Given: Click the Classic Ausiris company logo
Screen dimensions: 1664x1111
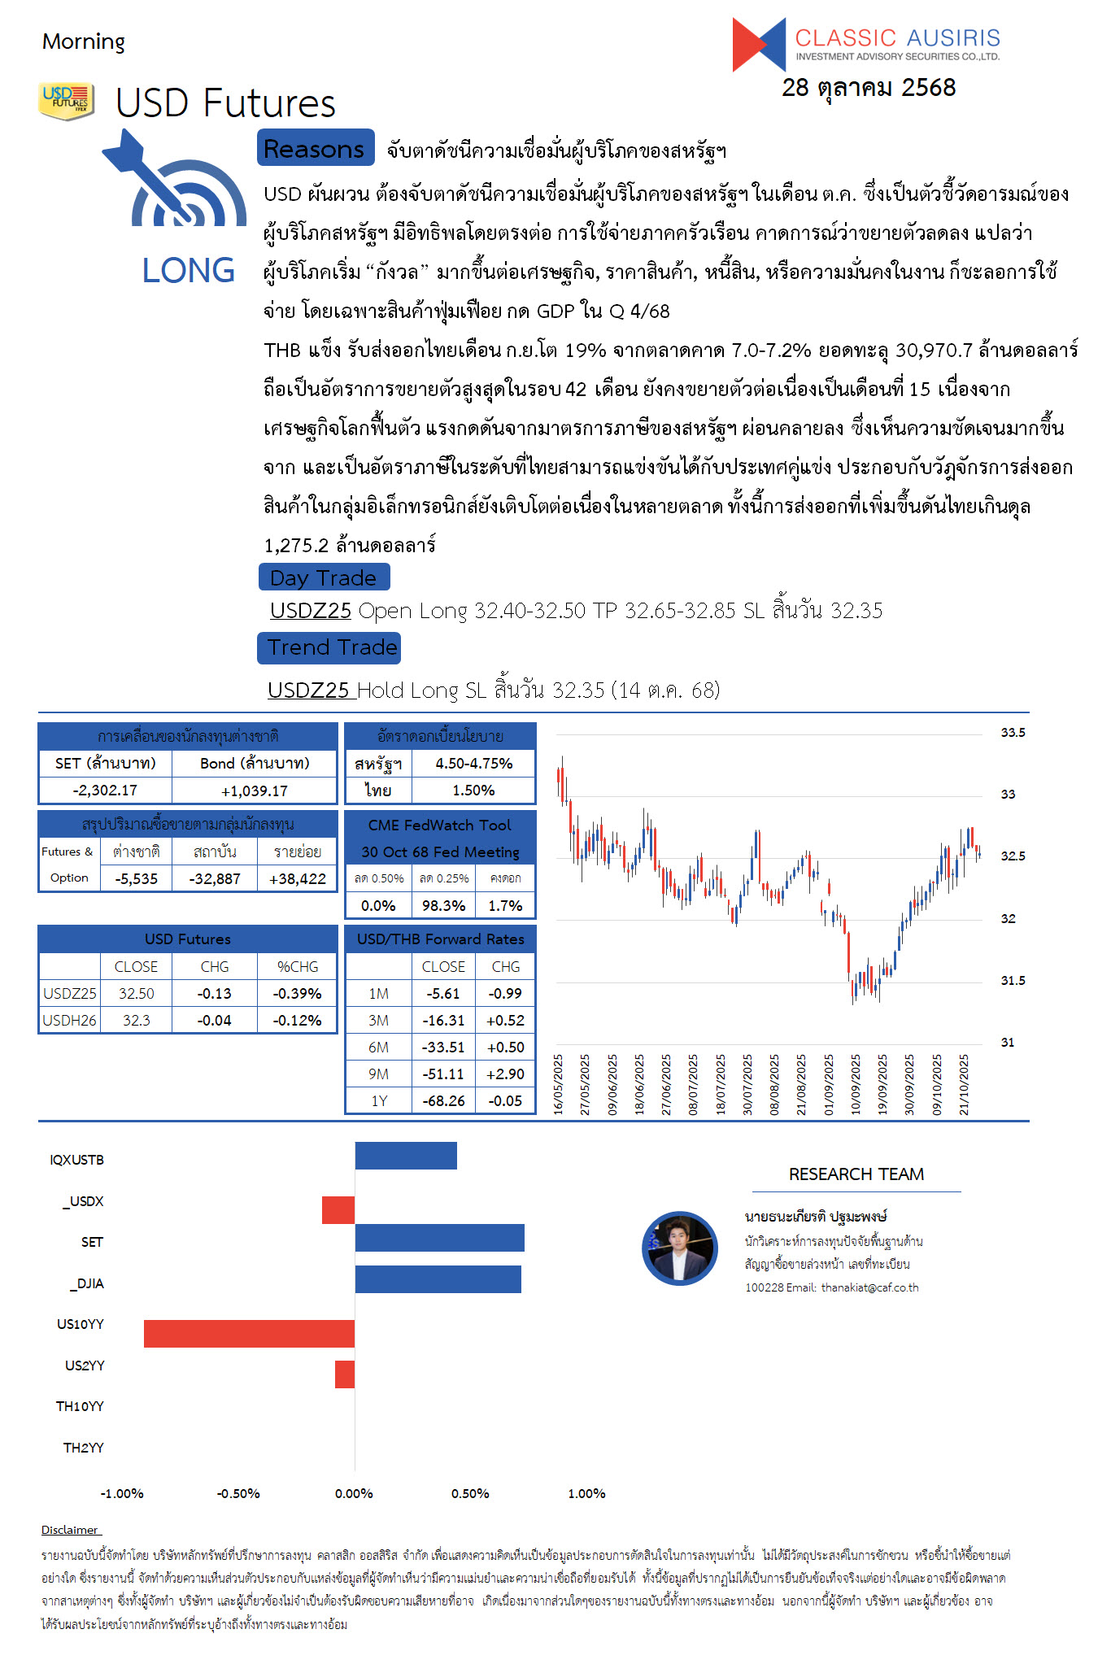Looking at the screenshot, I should point(865,44).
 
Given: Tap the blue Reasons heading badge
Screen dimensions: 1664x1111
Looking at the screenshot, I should point(315,149).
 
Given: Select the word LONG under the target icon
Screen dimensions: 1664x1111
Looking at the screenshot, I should point(189,271).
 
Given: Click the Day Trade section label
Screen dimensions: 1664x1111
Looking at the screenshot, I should point(324,577).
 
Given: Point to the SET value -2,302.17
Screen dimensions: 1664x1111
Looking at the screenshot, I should point(105,790).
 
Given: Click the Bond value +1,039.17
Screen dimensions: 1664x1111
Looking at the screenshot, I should point(255,790).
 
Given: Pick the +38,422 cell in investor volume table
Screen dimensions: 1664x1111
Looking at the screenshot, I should point(297,878).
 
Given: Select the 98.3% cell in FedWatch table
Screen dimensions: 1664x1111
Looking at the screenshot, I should point(443,905).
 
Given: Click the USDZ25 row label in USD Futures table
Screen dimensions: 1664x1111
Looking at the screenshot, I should point(70,993).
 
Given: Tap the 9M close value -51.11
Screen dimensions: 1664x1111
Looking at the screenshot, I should point(443,1074).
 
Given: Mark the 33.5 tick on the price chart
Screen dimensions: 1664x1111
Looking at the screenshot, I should point(1013,733).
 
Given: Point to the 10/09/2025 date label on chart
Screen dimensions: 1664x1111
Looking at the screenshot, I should point(856,1085).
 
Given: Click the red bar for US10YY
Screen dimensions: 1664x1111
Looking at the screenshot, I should point(249,1333).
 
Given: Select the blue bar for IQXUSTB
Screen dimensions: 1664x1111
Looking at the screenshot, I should point(406,1156).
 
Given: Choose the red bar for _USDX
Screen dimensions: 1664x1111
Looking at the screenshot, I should point(338,1210).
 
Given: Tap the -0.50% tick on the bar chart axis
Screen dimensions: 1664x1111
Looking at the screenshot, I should point(238,1493).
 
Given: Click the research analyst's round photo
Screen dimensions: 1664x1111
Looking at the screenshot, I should point(680,1248).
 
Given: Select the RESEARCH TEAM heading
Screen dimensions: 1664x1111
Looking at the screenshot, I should point(856,1174).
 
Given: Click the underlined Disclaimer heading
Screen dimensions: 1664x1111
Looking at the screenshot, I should point(70,1530).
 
